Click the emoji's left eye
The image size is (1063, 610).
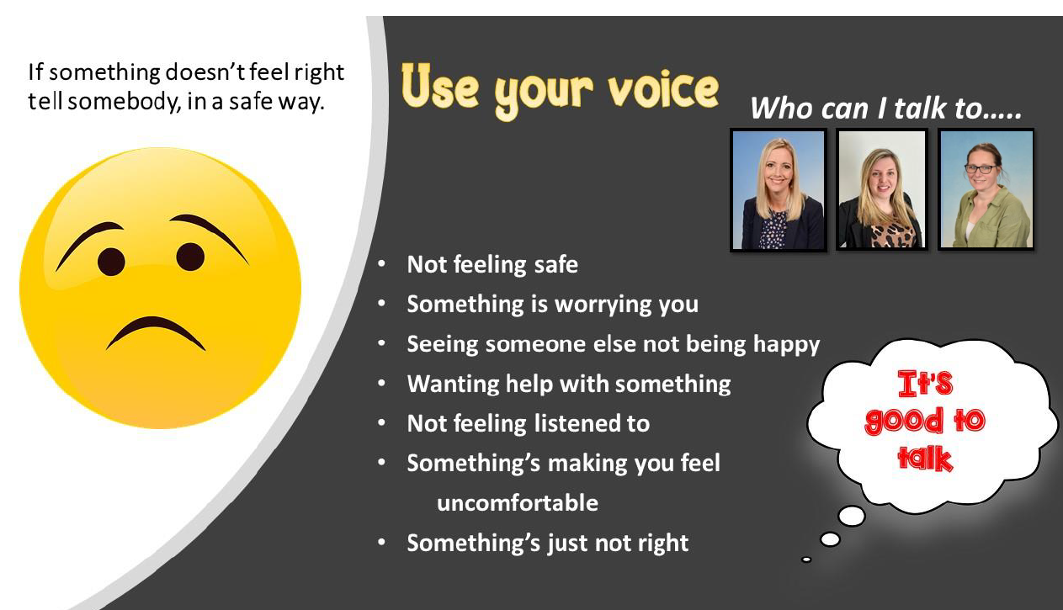click(111, 262)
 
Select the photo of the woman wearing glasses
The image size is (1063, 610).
click(986, 190)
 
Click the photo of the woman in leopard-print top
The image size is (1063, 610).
click(882, 190)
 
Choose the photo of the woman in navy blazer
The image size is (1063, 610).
click(779, 190)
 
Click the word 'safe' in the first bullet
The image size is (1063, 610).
click(556, 264)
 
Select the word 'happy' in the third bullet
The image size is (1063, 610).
click(786, 345)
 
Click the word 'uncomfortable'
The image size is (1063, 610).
click(518, 503)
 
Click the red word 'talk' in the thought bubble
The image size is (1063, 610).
click(925, 459)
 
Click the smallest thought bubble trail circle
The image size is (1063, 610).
click(806, 560)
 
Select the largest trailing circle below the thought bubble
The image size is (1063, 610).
click(852, 516)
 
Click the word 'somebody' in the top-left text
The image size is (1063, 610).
click(125, 102)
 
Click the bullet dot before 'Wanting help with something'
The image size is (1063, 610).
click(381, 384)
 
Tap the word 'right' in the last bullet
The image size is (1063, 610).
click(663, 544)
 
